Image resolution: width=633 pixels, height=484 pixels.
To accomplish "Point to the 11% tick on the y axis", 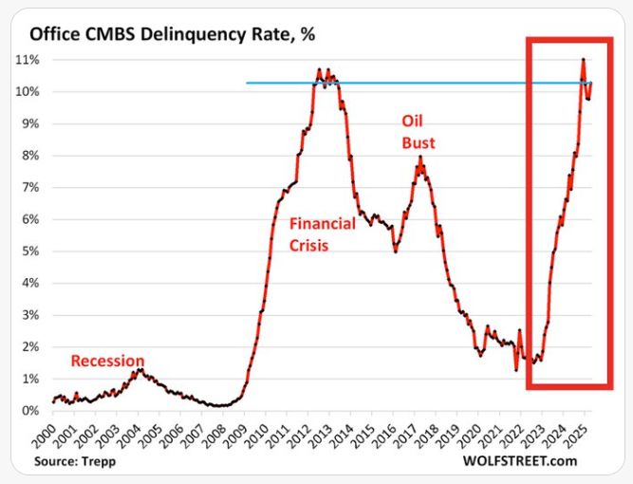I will click(x=27, y=59).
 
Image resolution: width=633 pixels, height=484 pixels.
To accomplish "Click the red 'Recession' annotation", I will click(x=107, y=361).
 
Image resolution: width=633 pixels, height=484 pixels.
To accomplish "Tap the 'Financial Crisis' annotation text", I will click(x=323, y=233).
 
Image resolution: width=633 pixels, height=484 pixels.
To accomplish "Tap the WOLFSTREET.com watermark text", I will click(x=520, y=461).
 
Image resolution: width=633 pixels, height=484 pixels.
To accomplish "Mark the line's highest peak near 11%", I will click(x=583, y=60).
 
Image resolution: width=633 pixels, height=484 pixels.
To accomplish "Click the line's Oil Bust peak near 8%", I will click(x=419, y=167).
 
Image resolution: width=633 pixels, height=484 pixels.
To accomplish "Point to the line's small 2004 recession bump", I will click(x=139, y=370).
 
